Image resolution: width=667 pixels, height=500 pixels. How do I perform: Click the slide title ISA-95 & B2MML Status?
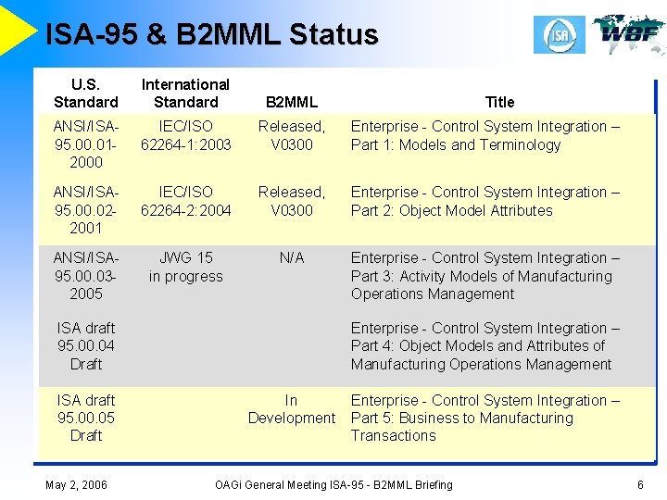(x=212, y=35)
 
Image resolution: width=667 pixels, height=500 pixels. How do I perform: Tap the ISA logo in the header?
(x=559, y=35)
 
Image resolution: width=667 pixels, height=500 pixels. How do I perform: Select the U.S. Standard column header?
(x=86, y=94)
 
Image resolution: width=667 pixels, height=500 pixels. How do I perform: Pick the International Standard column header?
(x=185, y=94)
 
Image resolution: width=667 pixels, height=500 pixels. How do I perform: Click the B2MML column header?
(x=291, y=102)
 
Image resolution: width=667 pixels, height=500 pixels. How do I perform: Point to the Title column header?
(x=499, y=102)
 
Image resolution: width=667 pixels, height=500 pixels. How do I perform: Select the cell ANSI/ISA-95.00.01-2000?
(x=86, y=144)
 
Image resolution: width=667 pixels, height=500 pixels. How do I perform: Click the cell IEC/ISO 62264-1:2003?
(x=185, y=135)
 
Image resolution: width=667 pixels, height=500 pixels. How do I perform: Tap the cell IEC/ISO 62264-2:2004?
(x=185, y=201)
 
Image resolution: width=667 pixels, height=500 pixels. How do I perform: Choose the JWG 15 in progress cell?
(x=185, y=267)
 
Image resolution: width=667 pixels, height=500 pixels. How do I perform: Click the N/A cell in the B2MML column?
(x=291, y=257)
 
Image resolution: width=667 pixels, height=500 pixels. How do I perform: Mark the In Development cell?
(x=291, y=409)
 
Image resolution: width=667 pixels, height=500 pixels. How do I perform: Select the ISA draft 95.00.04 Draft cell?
(x=86, y=345)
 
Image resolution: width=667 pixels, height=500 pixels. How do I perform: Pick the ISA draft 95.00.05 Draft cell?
(x=86, y=418)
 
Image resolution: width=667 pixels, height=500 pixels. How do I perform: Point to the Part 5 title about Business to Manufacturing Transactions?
(x=485, y=418)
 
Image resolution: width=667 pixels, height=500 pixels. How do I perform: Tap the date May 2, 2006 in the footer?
(x=76, y=484)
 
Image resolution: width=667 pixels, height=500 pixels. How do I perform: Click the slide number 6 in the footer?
(x=640, y=484)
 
